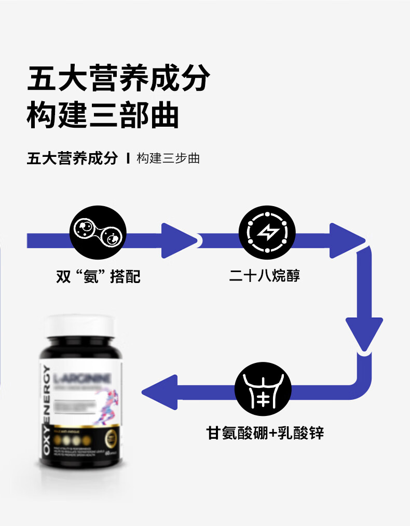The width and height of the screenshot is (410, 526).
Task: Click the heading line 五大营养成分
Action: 118,79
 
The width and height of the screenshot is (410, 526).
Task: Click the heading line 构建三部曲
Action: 103,116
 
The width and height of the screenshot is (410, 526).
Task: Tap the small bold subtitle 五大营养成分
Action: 73,158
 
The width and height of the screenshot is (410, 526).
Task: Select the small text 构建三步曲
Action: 168,158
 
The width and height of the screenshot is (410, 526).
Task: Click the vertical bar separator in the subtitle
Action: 128,158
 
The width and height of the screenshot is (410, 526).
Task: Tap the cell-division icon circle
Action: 98,235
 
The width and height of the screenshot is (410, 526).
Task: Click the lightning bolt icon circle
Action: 267,234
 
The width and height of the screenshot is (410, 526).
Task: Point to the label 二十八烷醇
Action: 265,275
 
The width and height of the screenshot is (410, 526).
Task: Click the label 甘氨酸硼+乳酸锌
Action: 265,433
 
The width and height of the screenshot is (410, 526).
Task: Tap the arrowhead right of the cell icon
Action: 177,240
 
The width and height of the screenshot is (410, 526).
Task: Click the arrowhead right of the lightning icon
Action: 346,240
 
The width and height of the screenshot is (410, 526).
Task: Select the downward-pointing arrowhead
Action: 364,332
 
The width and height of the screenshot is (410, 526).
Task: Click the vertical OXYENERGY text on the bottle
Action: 47,410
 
